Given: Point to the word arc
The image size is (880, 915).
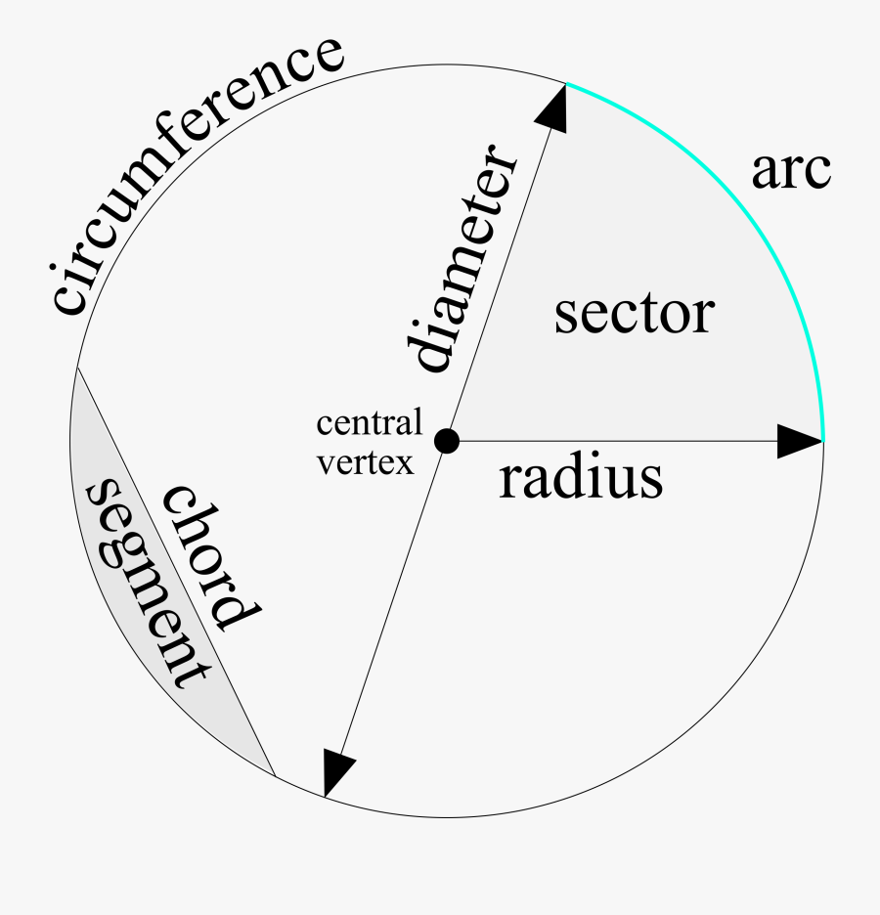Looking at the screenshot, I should (790, 170).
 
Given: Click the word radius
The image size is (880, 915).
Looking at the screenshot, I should (581, 479).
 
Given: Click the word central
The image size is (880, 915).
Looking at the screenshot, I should (370, 424).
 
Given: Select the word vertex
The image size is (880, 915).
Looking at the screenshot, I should (364, 461).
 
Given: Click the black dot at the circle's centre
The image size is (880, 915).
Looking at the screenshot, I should (446, 441).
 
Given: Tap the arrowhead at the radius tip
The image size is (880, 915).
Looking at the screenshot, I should (800, 441).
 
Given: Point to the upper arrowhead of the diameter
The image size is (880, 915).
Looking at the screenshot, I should (553, 106).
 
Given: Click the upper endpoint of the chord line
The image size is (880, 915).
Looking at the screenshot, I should (76, 368).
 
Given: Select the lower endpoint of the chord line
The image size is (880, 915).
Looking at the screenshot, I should (276, 777).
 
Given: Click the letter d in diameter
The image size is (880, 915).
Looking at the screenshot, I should (427, 351).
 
